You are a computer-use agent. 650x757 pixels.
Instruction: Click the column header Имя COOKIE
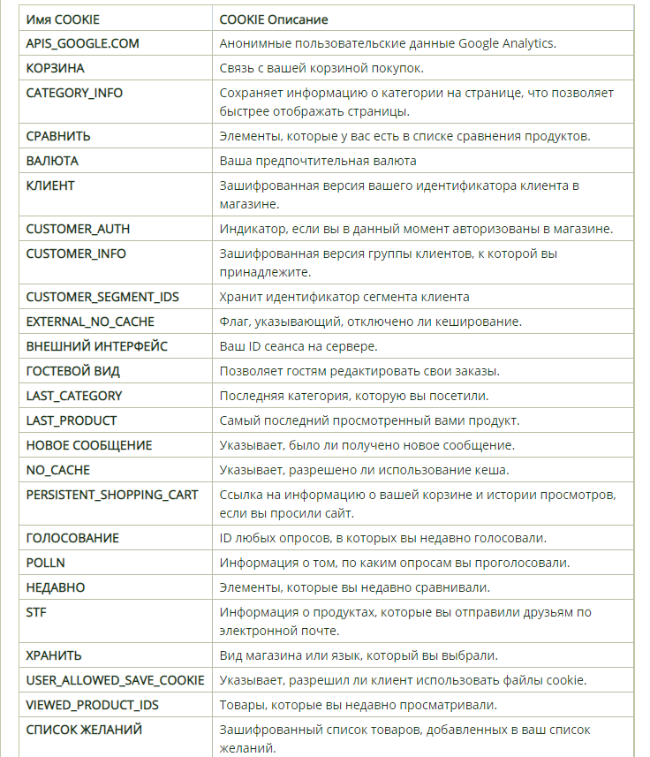click(63, 19)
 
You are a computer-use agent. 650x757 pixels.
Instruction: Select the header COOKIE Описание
click(281, 19)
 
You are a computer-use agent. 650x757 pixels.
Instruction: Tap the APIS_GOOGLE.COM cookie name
click(82, 43)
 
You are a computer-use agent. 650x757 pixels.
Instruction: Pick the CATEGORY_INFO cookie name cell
click(74, 93)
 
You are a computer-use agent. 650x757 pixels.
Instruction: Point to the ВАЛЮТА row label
click(52, 161)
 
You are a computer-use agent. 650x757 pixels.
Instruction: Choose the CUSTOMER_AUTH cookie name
click(78, 229)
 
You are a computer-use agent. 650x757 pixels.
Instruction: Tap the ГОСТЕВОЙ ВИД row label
click(72, 371)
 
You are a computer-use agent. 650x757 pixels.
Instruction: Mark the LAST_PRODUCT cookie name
click(72, 420)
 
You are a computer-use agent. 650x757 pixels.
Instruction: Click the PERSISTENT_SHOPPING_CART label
click(112, 494)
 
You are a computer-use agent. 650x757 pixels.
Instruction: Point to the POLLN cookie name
click(46, 563)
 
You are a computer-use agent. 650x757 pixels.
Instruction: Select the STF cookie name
click(36, 612)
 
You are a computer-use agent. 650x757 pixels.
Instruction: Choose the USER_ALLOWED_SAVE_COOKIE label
click(115, 680)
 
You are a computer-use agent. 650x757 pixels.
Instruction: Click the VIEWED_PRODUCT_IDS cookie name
click(93, 705)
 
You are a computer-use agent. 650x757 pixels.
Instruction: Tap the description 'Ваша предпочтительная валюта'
click(318, 161)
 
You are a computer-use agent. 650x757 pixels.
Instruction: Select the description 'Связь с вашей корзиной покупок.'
click(321, 68)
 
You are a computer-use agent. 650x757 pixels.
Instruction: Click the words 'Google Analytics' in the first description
click(506, 43)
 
